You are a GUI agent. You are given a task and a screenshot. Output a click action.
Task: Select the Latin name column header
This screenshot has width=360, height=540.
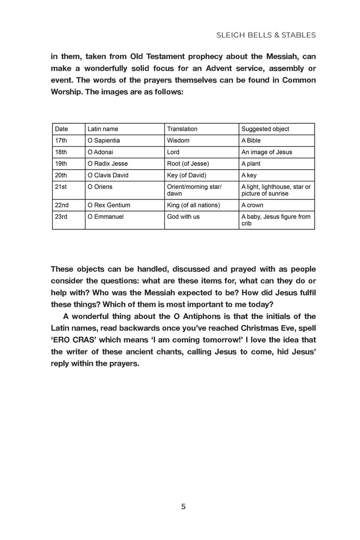tap(103, 129)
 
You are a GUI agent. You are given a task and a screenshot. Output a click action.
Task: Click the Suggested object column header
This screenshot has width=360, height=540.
tap(265, 129)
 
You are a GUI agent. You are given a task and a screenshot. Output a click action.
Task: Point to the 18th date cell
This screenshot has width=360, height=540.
tap(61, 152)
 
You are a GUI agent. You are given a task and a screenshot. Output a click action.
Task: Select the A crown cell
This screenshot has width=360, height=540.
tap(252, 205)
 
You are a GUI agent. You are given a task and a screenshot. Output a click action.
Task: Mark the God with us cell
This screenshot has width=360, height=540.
tap(183, 217)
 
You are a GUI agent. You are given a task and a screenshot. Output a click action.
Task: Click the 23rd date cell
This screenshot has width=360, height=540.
tap(61, 217)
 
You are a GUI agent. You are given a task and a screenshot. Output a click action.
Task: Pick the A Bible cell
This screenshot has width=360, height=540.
tap(251, 141)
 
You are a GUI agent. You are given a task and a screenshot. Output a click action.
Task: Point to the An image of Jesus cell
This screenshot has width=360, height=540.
tap(267, 152)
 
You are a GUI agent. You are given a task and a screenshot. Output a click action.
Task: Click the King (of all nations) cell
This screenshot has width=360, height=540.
tap(193, 205)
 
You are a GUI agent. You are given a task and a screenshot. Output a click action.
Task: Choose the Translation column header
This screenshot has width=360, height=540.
tap(182, 129)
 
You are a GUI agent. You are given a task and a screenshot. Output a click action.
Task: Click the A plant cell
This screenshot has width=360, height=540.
tap(251, 163)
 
